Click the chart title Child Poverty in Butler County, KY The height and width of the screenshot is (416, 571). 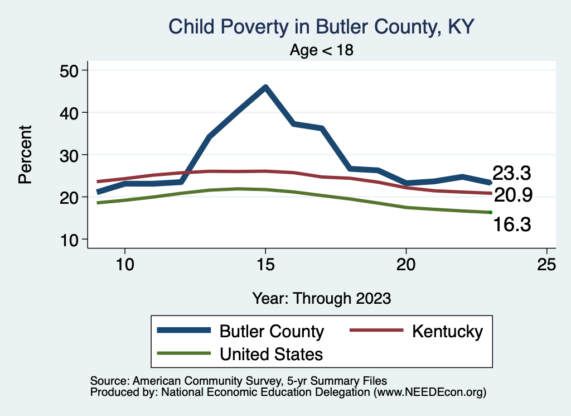point(321,27)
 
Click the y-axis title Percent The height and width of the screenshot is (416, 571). point(25,155)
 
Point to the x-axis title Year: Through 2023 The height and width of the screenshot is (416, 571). point(321,298)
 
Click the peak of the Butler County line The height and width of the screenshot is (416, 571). point(265,87)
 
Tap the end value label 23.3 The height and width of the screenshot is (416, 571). point(511,174)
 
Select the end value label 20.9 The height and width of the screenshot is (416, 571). point(513,195)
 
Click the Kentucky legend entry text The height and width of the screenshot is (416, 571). point(447,331)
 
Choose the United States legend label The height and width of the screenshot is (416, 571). point(271,354)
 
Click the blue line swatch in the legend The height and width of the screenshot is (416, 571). point(184,331)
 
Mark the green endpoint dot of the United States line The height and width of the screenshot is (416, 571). point(490,212)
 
